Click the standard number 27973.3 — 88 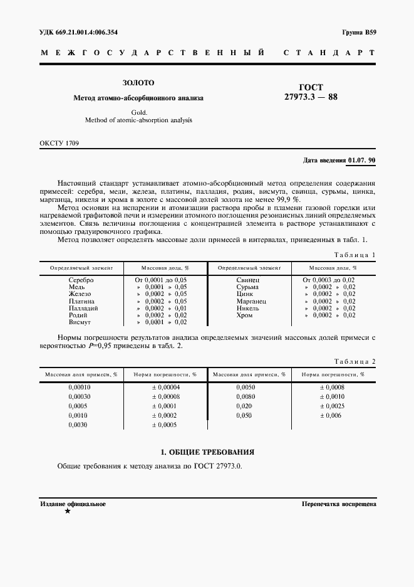pyautogui.click(x=311, y=97)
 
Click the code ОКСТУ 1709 pyautogui.click(x=59, y=144)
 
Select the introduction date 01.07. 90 pyautogui.click(x=361, y=161)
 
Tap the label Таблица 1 pyautogui.click(x=354, y=255)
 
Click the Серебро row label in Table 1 pyautogui.click(x=81, y=280)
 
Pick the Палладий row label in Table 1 pyautogui.click(x=81, y=309)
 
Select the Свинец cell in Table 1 pyautogui.click(x=248, y=280)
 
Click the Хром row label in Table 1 pyautogui.click(x=245, y=315)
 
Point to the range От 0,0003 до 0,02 pyautogui.click(x=329, y=280)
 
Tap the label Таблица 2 pyautogui.click(x=354, y=362)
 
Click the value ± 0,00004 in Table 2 pyautogui.click(x=165, y=388)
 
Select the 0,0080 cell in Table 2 pyautogui.click(x=246, y=397)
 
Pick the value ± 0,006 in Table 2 pyautogui.click(x=331, y=416)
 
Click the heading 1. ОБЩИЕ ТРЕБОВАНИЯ pyautogui.click(x=207, y=452)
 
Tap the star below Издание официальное pyautogui.click(x=68, y=512)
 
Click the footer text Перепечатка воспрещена pyautogui.click(x=338, y=504)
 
